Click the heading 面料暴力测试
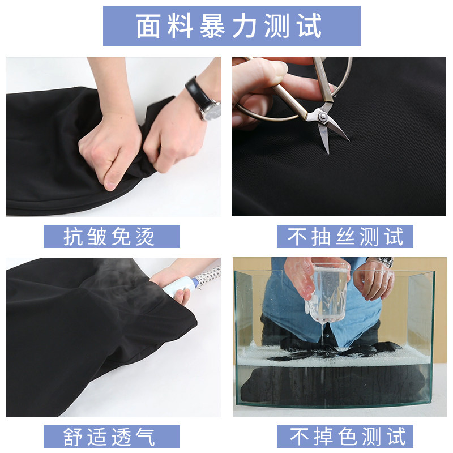click(x=231, y=26)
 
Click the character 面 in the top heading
click(x=148, y=26)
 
